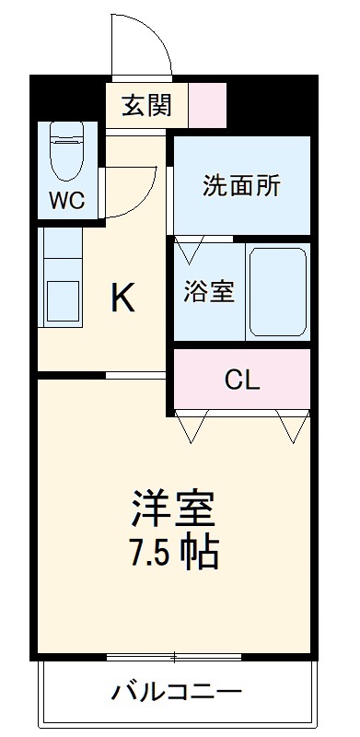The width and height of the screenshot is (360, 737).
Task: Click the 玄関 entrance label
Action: coord(146,105)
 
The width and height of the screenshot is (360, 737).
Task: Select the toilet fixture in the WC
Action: coord(66,153)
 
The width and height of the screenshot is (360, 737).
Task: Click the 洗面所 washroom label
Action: coord(241,185)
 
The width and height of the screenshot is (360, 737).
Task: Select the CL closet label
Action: coord(242,378)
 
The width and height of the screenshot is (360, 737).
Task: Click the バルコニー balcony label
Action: coord(178,691)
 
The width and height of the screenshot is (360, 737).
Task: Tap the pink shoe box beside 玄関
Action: coord(207,105)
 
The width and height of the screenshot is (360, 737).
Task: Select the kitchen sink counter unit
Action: coord(63,286)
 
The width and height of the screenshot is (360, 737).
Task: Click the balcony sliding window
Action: coord(175,657)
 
